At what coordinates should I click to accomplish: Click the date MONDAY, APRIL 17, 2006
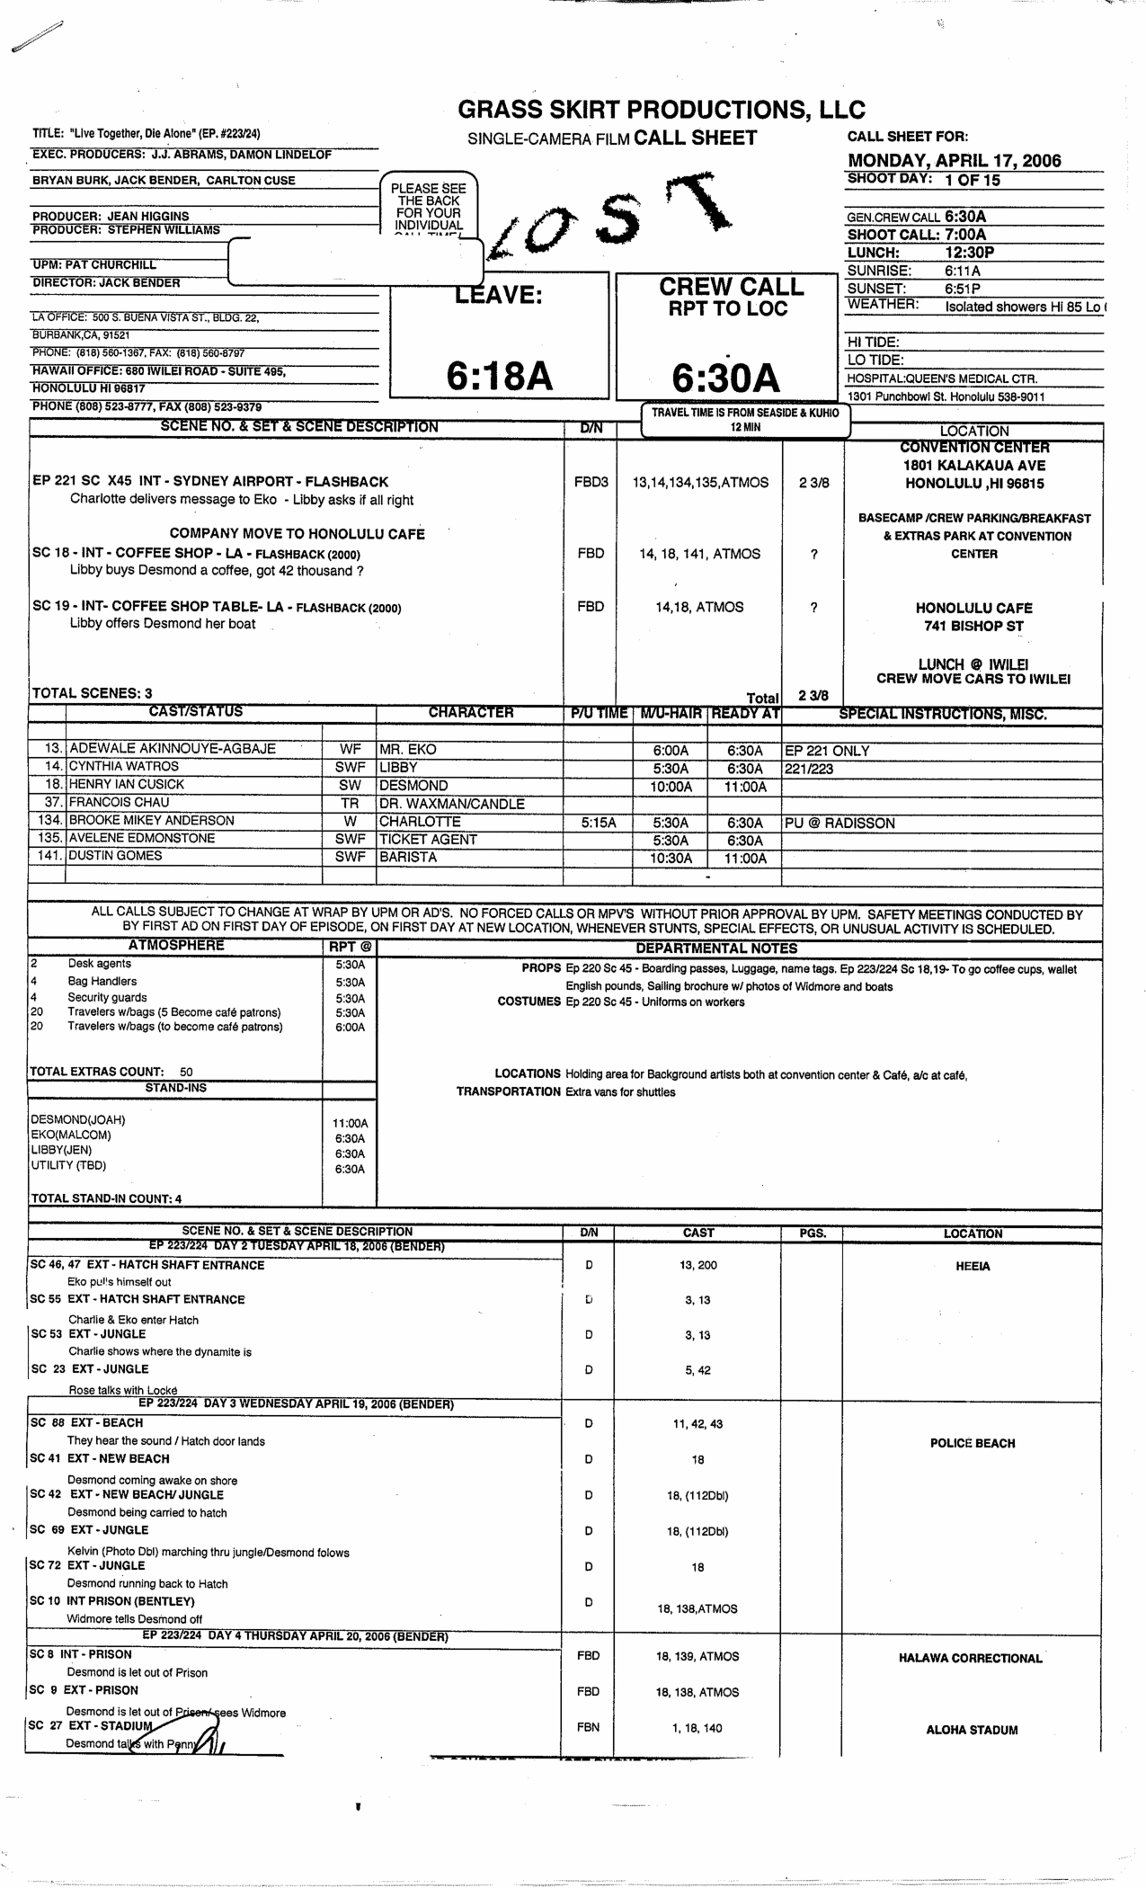[954, 161]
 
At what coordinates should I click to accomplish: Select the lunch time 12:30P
[969, 253]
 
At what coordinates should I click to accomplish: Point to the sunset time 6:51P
[962, 289]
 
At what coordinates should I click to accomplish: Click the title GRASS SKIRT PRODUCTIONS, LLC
[662, 110]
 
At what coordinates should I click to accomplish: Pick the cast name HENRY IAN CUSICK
[127, 785]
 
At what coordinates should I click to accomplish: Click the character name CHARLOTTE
[420, 822]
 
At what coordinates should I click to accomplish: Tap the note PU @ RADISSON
[840, 823]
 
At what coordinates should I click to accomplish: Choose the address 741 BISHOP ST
[973, 626]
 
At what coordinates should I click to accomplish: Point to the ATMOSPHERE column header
[176, 946]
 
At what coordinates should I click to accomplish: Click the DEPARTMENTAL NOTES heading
[716, 948]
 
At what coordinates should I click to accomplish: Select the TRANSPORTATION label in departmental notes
[508, 1091]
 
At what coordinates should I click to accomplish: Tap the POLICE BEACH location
[973, 1443]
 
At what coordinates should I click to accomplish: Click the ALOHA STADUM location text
[972, 1730]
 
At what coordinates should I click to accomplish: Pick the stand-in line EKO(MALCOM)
[71, 1135]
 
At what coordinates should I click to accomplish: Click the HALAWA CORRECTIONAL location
[970, 1658]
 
